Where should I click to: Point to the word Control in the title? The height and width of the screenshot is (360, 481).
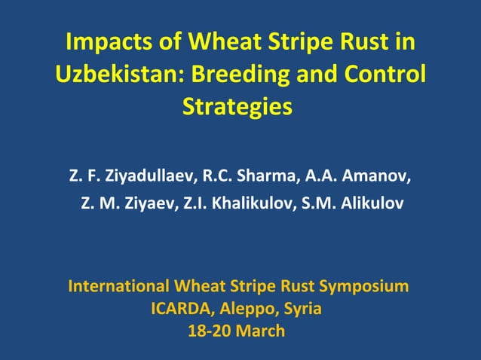[x=385, y=75]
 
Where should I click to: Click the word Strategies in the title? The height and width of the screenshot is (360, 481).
[x=237, y=107]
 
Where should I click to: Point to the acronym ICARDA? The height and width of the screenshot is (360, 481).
[x=179, y=308]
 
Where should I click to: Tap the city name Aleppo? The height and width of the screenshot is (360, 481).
[x=245, y=309]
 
